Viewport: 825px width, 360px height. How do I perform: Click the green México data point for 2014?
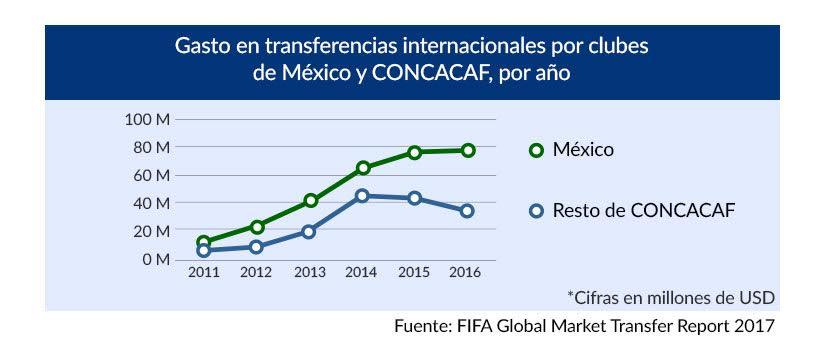[364, 168]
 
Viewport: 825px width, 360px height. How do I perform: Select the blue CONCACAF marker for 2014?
[364, 196]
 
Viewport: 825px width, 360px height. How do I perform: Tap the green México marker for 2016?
[468, 150]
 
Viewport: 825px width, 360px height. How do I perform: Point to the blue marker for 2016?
[468, 211]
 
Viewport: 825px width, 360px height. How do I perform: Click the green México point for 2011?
[204, 242]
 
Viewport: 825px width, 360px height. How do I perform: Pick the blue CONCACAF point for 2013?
[310, 231]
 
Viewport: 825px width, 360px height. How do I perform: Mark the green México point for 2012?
[257, 227]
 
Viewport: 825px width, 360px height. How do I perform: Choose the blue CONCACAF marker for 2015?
[415, 198]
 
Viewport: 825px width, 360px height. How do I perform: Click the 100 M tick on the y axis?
[149, 120]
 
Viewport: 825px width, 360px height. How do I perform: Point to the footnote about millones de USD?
[671, 297]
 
